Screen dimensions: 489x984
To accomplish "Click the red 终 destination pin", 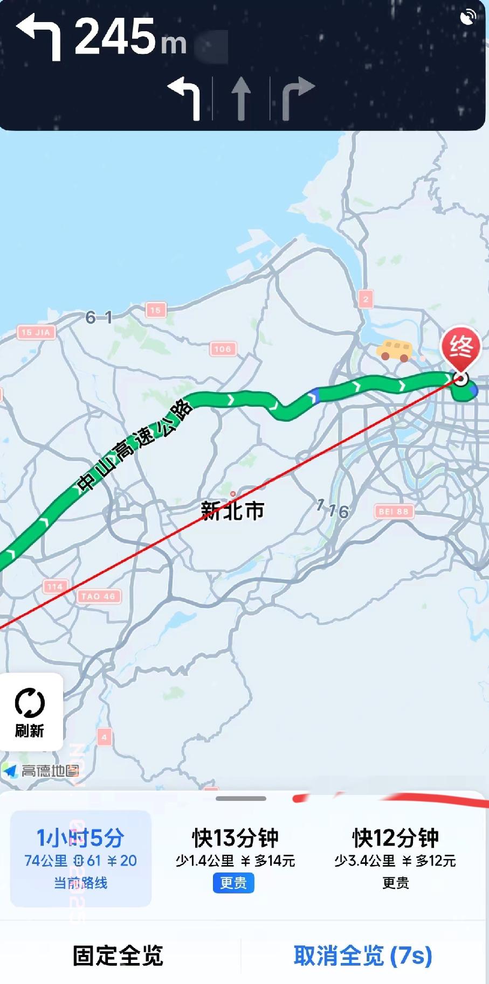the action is pyautogui.click(x=460, y=347).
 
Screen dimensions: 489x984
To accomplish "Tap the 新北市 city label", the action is pyautogui.click(x=232, y=510).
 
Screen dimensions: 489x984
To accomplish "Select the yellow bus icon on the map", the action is pyautogui.click(x=394, y=350).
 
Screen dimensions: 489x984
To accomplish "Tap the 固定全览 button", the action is pyautogui.click(x=118, y=955).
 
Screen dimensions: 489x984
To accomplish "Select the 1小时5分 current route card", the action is pyautogui.click(x=81, y=857).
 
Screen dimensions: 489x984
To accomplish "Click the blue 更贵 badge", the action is pyautogui.click(x=233, y=883).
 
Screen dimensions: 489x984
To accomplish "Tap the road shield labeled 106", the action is pyautogui.click(x=223, y=349).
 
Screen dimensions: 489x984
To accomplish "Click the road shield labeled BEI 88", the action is pyautogui.click(x=394, y=511).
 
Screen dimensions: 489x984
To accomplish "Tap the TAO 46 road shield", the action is pyautogui.click(x=98, y=596).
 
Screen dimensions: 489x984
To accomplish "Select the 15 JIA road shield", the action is pyautogui.click(x=36, y=332).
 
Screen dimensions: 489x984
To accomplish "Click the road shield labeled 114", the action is pyautogui.click(x=55, y=587).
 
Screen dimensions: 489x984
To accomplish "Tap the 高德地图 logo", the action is pyautogui.click(x=42, y=771).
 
